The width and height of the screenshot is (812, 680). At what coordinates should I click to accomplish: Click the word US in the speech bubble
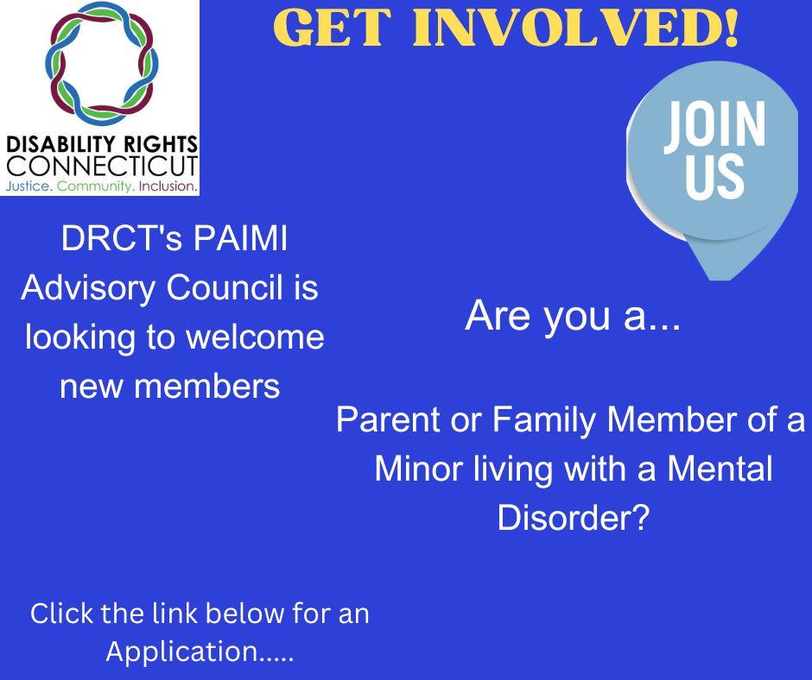point(713,173)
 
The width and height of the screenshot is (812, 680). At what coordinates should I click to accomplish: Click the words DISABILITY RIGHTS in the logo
point(100,142)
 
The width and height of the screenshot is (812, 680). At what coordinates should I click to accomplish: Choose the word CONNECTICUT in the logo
point(100,165)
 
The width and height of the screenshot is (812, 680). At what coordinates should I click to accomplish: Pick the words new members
point(169,386)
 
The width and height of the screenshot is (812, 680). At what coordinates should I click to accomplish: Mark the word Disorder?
point(572,519)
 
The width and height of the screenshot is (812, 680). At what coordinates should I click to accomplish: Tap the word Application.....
point(184,652)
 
